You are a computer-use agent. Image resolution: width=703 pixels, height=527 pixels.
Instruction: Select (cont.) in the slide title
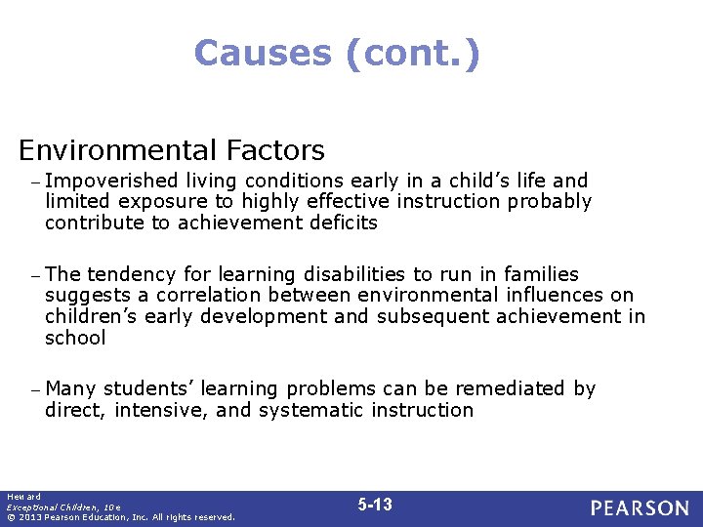[x=412, y=53]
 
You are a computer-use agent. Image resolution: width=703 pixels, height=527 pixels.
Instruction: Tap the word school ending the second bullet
[x=75, y=338]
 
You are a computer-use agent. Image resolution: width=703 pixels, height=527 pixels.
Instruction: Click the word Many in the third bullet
[x=70, y=388]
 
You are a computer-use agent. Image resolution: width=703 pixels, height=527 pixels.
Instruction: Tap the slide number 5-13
[x=375, y=505]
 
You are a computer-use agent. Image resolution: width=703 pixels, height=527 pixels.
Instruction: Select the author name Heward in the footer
[x=20, y=497]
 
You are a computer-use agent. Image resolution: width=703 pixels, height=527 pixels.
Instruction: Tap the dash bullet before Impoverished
[x=35, y=182]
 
